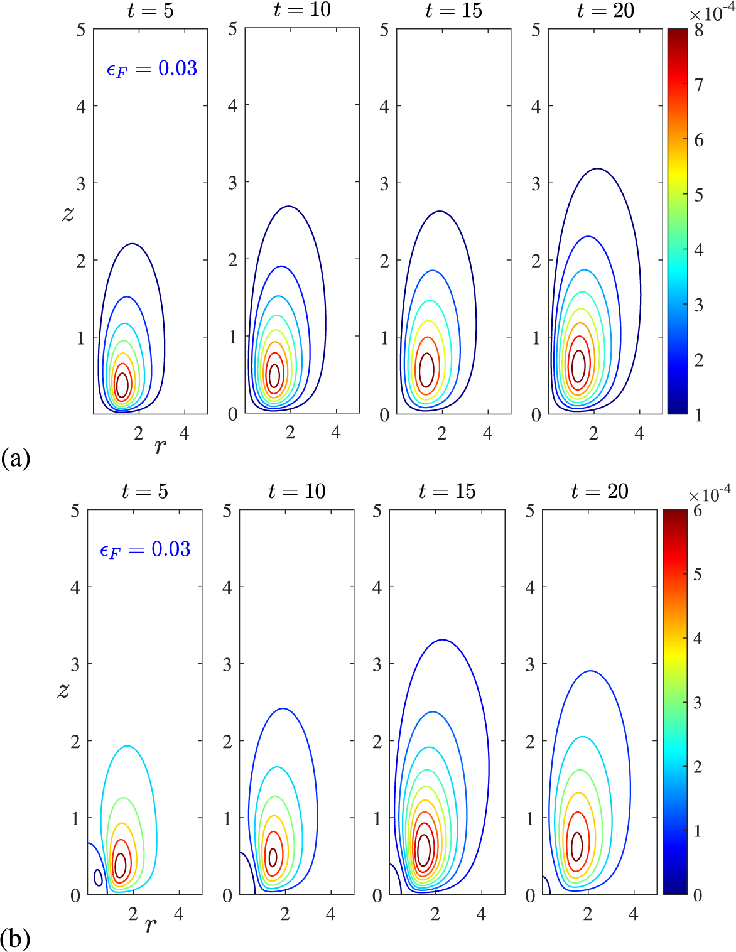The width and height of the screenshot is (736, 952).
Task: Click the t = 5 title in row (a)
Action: pyautogui.click(x=150, y=11)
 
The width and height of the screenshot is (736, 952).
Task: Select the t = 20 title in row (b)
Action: pyautogui.click(x=600, y=491)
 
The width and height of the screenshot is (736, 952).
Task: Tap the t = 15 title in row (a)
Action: pyautogui.click(x=453, y=11)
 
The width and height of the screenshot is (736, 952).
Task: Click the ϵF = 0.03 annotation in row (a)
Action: pyautogui.click(x=152, y=68)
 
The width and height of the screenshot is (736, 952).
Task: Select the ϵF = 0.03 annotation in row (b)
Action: pyautogui.click(x=145, y=550)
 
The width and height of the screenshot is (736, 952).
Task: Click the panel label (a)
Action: pyautogui.click(x=15, y=458)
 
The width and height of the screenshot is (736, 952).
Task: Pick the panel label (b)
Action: pyautogui.click(x=15, y=939)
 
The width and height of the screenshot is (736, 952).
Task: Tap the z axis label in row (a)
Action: pyautogui.click(x=68, y=214)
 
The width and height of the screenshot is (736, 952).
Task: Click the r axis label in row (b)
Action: pyautogui.click(x=150, y=926)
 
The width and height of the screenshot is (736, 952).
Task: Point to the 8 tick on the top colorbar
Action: pyautogui.click(x=699, y=30)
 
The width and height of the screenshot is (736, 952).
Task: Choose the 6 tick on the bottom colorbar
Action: pyautogui.click(x=697, y=511)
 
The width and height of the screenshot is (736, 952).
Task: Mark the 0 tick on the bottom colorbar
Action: pyautogui.click(x=697, y=895)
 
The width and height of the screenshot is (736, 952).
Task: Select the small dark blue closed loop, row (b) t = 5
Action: pyautogui.click(x=98, y=877)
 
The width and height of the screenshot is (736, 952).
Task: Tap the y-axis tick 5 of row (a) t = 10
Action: pyautogui.click(x=232, y=29)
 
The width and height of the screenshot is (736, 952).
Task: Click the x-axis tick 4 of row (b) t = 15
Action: pyautogui.click(x=481, y=914)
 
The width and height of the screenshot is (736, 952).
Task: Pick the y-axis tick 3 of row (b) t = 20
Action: pyautogui.click(x=530, y=664)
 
